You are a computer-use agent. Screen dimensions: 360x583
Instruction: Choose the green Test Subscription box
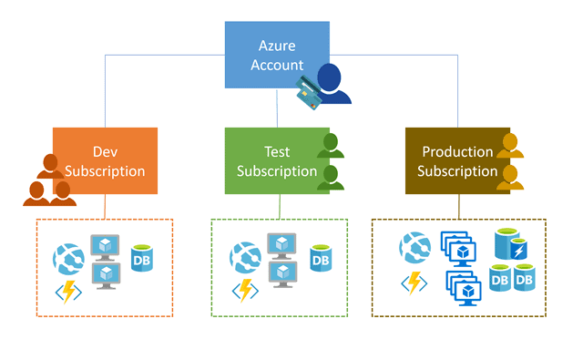(273, 160)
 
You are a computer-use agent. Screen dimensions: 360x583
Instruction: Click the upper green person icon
(332, 146)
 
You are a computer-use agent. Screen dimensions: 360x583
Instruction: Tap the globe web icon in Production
(415, 248)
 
